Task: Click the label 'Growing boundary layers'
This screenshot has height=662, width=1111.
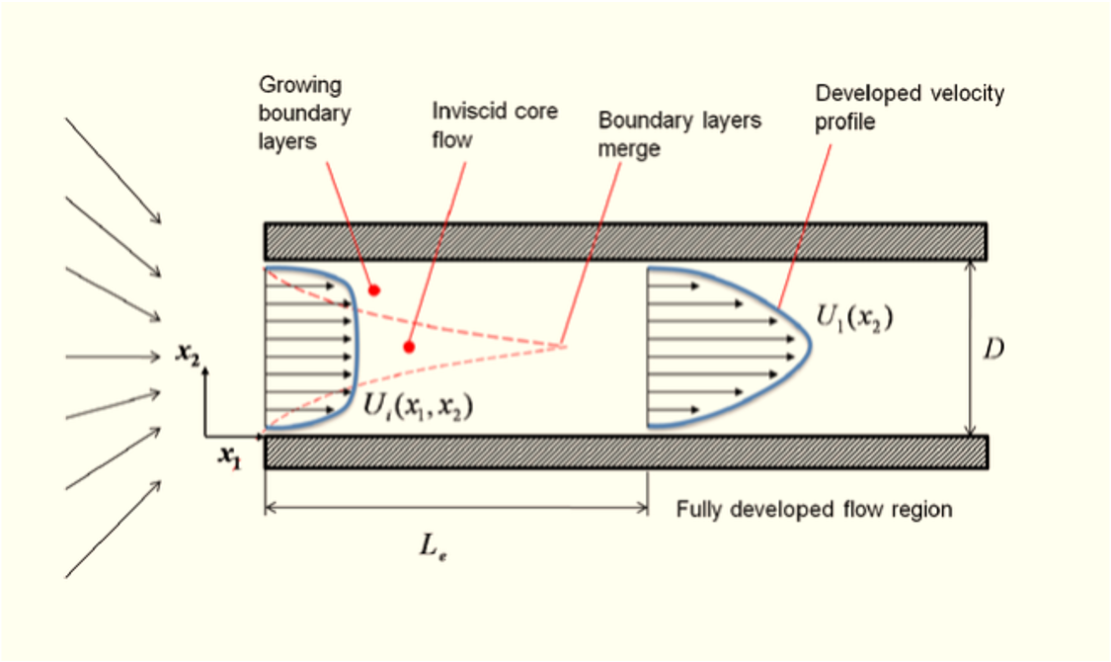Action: pyautogui.click(x=305, y=114)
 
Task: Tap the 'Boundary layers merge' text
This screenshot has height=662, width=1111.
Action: pyautogui.click(x=680, y=134)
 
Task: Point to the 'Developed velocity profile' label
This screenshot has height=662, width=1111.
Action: pyautogui.click(x=909, y=107)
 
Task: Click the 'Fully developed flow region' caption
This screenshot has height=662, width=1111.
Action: pyautogui.click(x=814, y=510)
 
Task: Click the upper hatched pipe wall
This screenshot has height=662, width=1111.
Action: pyautogui.click(x=625, y=240)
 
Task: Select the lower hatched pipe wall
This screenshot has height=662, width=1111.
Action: pyautogui.click(x=625, y=452)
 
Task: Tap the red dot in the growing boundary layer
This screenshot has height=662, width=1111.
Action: pyautogui.click(x=374, y=290)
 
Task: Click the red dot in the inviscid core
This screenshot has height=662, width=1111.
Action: pyautogui.click(x=408, y=347)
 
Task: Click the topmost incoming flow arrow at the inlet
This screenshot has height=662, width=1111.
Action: pyautogui.click(x=113, y=170)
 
